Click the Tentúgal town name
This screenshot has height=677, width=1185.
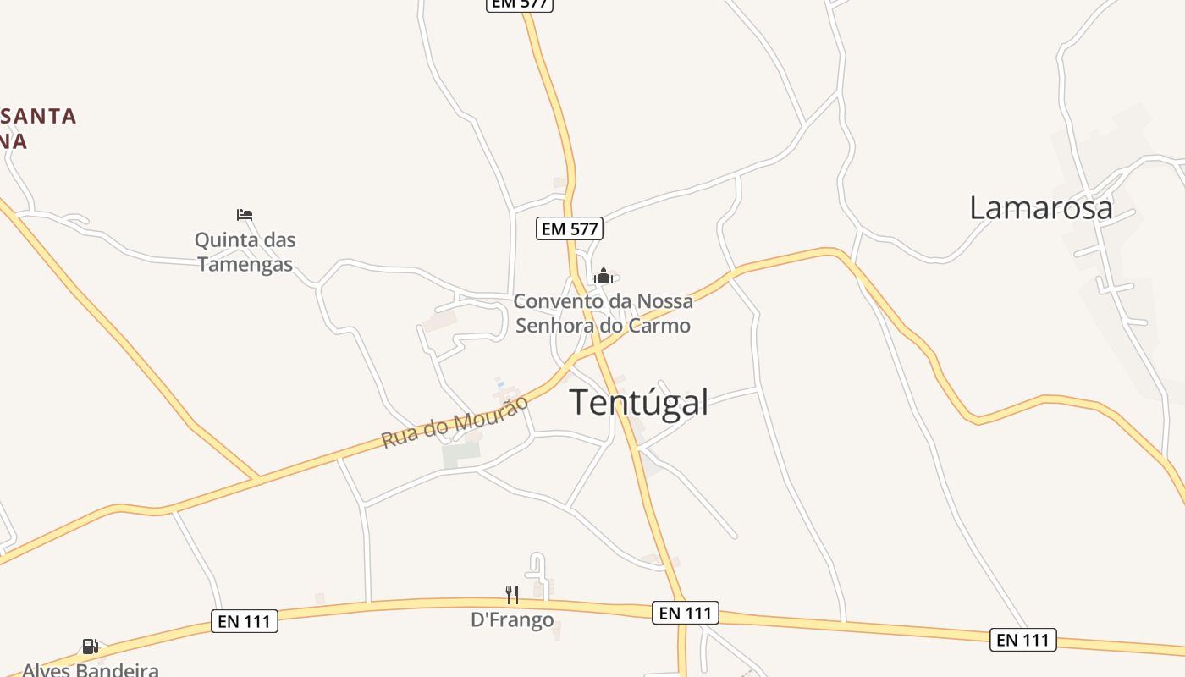pyautogui.click(x=639, y=402)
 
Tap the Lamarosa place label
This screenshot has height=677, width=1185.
pyautogui.click(x=1040, y=207)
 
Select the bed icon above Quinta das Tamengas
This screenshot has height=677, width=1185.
pyautogui.click(x=245, y=215)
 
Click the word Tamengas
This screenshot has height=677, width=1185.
pyautogui.click(x=245, y=264)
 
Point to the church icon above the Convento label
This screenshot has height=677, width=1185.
pyautogui.click(x=603, y=276)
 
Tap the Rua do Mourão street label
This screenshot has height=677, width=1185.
pyautogui.click(x=455, y=421)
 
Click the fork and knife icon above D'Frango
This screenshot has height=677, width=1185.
pyautogui.click(x=512, y=594)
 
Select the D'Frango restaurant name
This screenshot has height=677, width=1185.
pyautogui.click(x=512, y=620)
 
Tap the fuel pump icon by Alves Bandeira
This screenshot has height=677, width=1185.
pyautogui.click(x=90, y=647)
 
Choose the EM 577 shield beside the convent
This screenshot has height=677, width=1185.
pyautogui.click(x=570, y=228)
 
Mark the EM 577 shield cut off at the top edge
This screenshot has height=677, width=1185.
pyautogui.click(x=520, y=4)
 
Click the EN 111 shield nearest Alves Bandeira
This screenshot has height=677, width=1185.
pyautogui.click(x=244, y=622)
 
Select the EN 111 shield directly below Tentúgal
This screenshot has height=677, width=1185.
pyautogui.click(x=686, y=613)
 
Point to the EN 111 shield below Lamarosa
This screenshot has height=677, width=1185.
pyautogui.click(x=1023, y=640)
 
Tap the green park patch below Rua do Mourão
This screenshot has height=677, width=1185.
pyautogui.click(x=460, y=454)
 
